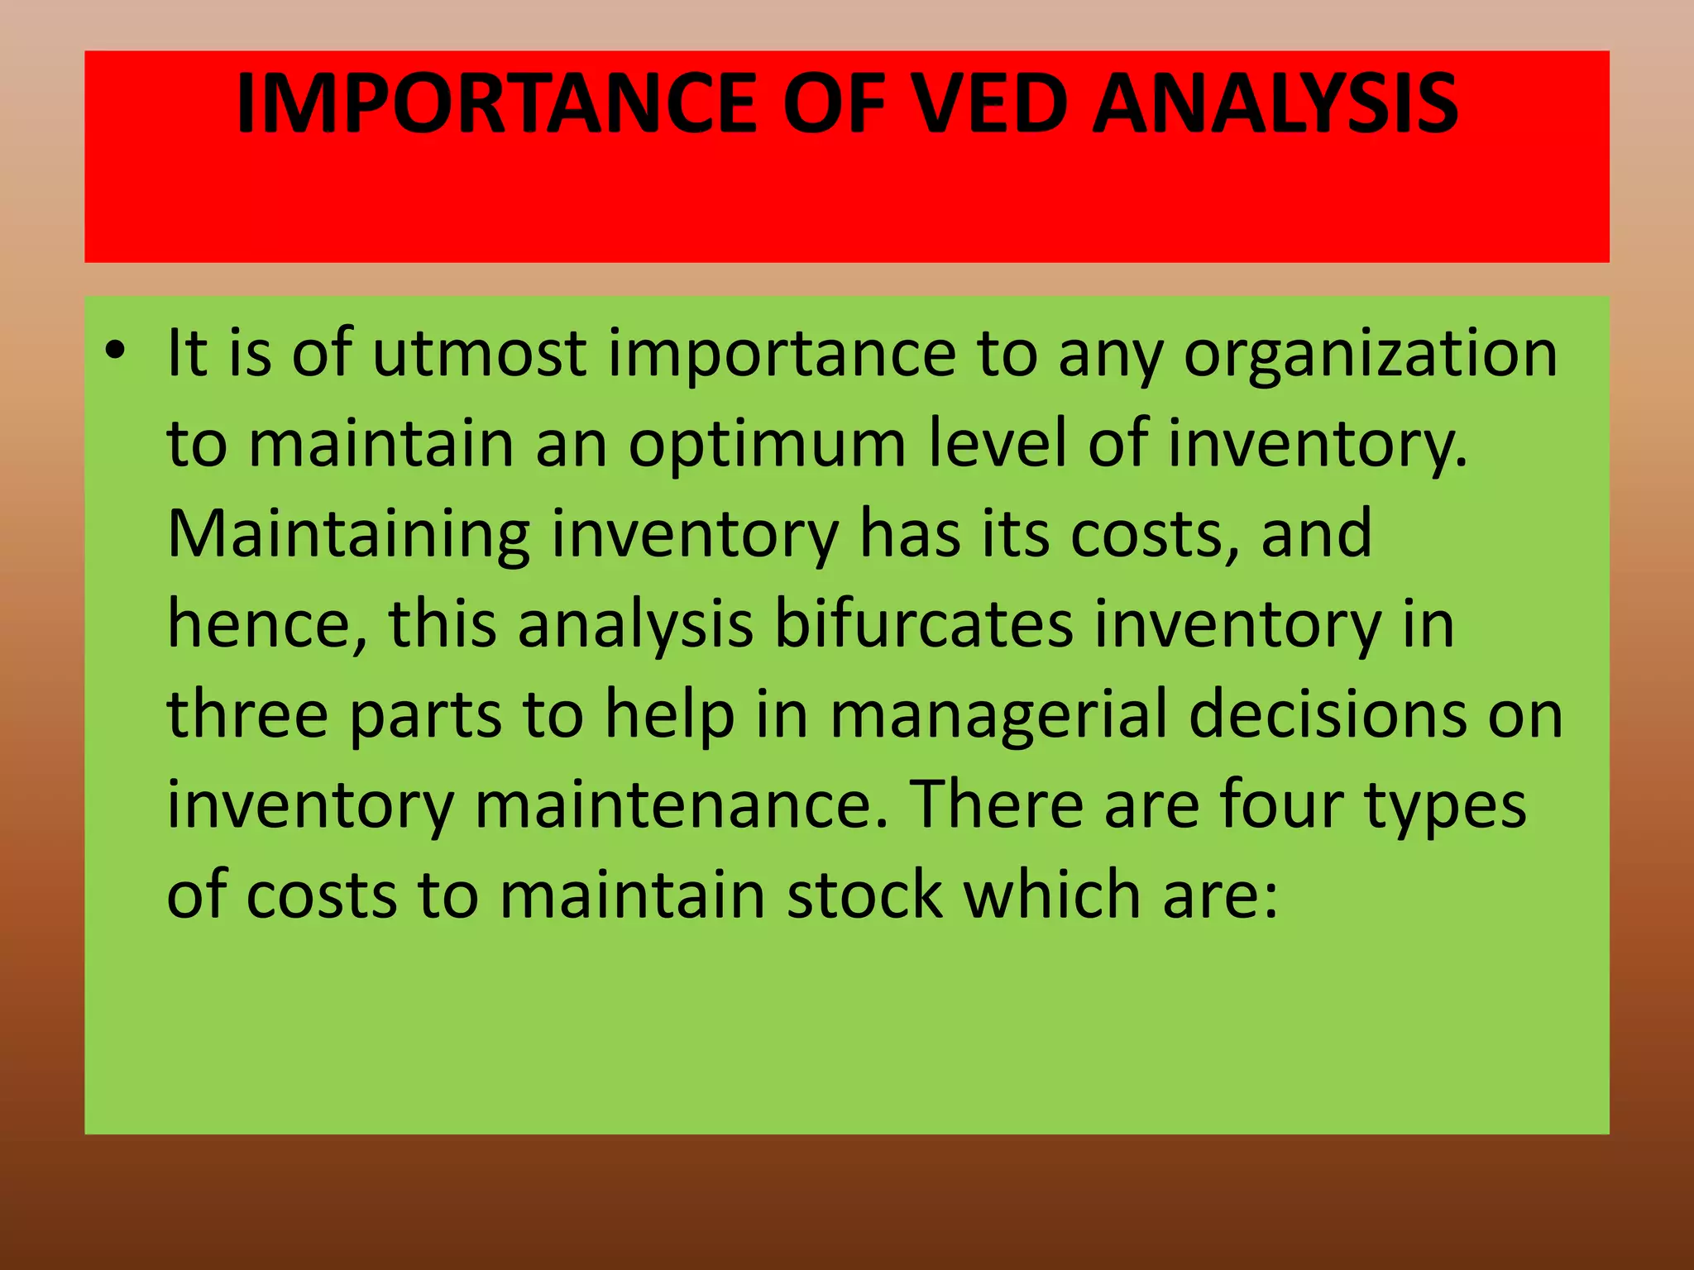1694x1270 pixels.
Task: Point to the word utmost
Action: coord(480,355)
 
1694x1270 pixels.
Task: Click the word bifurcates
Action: coord(923,625)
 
